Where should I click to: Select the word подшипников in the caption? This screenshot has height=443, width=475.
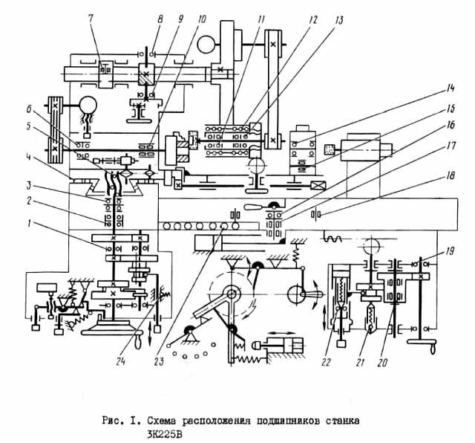coord(278,421)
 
